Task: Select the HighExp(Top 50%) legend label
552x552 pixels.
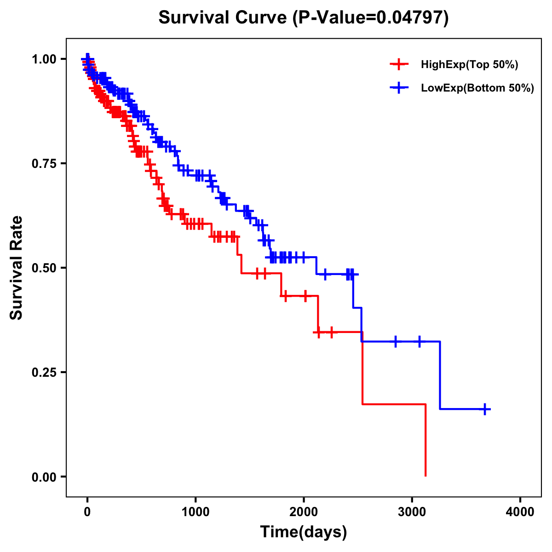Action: click(469, 65)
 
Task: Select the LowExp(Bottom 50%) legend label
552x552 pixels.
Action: click(477, 88)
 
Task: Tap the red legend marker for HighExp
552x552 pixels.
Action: click(399, 64)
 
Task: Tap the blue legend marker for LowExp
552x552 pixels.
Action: click(399, 87)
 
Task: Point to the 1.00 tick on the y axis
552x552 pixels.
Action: click(44, 59)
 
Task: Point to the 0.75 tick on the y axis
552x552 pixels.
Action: click(44, 163)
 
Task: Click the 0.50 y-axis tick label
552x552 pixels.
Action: click(44, 268)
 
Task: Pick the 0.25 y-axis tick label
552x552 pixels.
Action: click(44, 372)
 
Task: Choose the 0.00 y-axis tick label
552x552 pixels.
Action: click(44, 477)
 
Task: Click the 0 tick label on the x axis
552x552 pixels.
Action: click(87, 512)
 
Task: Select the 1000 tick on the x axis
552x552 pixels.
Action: click(195, 512)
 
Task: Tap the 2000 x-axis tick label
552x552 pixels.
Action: click(304, 512)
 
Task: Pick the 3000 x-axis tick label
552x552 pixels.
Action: click(412, 512)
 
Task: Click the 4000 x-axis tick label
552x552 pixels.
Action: click(520, 512)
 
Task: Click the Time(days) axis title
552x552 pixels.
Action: click(304, 532)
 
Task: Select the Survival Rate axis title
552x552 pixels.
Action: click(17, 268)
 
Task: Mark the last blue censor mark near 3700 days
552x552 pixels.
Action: click(485, 409)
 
